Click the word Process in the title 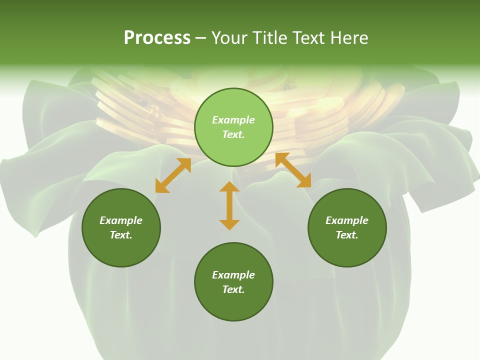click(x=157, y=38)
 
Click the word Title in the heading click(x=268, y=38)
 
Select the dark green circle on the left click(x=121, y=250)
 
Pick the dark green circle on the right click(x=347, y=250)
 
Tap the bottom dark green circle click(x=233, y=305)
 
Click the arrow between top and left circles click(x=173, y=175)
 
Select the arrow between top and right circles click(x=293, y=170)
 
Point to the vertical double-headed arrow click(x=229, y=205)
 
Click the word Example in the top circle click(x=233, y=120)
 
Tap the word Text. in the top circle click(x=233, y=134)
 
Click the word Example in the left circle click(x=121, y=220)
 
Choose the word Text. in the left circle click(x=121, y=235)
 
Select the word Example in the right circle click(x=347, y=220)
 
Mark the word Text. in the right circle click(x=347, y=235)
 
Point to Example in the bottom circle click(x=233, y=275)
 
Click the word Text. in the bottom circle click(x=233, y=289)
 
